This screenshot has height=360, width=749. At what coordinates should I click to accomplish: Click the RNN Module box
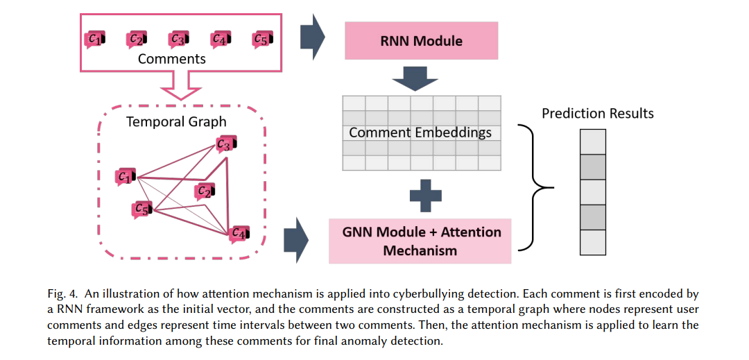(x=421, y=41)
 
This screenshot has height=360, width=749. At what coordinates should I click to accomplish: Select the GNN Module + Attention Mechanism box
(x=420, y=241)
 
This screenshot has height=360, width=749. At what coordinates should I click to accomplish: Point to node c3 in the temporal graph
(x=226, y=144)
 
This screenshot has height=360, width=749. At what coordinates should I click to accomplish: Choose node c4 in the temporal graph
(x=239, y=234)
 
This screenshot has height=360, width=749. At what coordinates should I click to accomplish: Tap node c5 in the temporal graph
(x=142, y=209)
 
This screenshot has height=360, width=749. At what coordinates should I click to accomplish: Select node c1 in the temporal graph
(x=126, y=177)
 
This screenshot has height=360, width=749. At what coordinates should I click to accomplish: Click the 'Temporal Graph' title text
(x=176, y=122)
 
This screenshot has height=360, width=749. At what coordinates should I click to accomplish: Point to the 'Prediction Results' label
(x=598, y=114)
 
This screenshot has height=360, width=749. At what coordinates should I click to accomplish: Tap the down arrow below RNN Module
(x=415, y=78)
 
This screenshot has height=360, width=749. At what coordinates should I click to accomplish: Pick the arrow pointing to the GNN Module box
(x=296, y=240)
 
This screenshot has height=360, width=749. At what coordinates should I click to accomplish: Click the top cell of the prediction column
(x=593, y=142)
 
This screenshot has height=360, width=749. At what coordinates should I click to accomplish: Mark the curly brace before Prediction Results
(x=535, y=188)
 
